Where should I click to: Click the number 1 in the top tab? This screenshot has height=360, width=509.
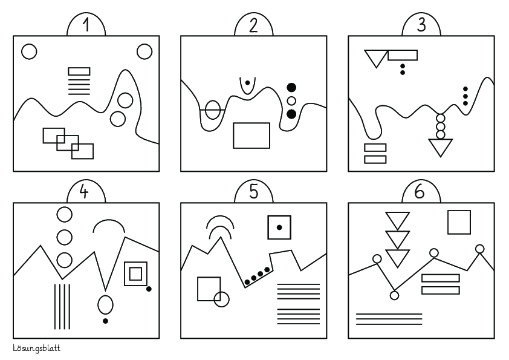pos(86,25)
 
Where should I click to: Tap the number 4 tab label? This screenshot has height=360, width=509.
pos(84,192)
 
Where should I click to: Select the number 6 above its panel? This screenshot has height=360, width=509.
pos(420,192)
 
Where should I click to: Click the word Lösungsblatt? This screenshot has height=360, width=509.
pos(37,348)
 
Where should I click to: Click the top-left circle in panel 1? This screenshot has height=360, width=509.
pos(29,51)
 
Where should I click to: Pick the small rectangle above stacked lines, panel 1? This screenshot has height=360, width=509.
pos(79,71)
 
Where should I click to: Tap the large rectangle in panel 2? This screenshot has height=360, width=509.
pos(251,136)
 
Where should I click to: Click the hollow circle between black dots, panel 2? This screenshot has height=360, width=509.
pos(291,100)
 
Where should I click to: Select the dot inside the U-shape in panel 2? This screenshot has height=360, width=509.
pos(247,83)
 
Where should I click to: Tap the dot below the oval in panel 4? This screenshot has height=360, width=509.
pos(105,321)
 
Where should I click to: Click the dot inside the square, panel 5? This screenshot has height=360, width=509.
pos(279,227)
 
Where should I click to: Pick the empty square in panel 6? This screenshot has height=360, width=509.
pos(459,222)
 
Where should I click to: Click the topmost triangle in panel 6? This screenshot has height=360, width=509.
pos(398,221)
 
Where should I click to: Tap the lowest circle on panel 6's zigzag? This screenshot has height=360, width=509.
pos(394,295)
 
